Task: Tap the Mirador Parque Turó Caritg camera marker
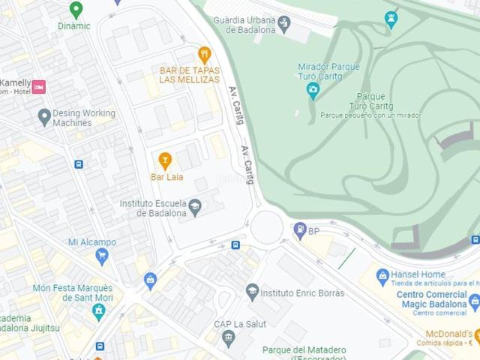click(x=313, y=91)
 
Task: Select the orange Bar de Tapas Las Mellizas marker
click(x=204, y=55)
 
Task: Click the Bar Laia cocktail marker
click(x=165, y=160)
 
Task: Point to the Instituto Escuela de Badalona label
click(x=153, y=208)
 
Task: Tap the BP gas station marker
click(x=301, y=229)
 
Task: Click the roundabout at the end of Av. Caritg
click(x=266, y=227)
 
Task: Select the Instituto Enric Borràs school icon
click(x=253, y=292)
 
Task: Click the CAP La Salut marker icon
click(x=229, y=337)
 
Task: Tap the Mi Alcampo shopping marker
click(x=102, y=256)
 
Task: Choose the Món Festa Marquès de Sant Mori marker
click(x=98, y=310)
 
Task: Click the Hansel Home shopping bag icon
click(x=382, y=275)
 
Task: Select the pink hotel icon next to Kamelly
click(x=38, y=87)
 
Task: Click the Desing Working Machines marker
click(x=44, y=116)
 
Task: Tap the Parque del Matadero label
click(x=304, y=350)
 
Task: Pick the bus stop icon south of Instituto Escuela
click(x=235, y=245)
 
